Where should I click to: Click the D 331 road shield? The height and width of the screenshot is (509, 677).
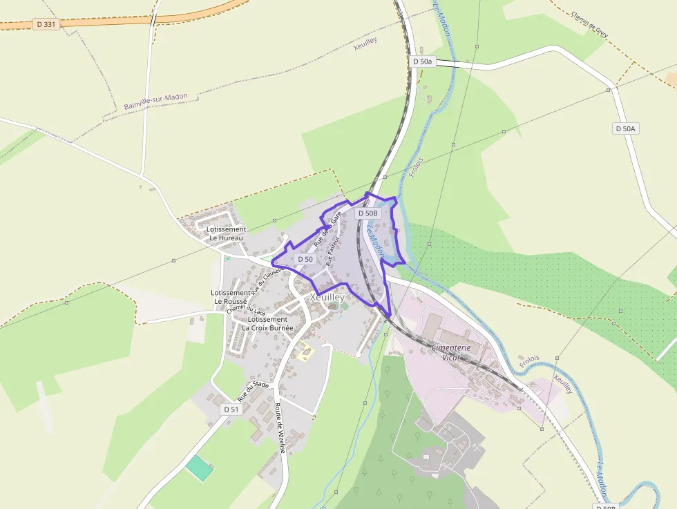[46, 24]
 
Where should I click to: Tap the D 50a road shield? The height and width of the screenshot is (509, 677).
[422, 61]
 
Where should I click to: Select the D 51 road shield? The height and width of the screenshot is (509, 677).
[231, 410]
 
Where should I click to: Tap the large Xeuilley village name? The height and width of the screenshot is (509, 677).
[327, 297]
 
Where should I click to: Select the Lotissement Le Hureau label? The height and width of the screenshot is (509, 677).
[227, 233]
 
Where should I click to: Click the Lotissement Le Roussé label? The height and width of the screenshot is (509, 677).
[231, 297]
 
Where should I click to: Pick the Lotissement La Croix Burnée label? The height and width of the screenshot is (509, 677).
[267, 324]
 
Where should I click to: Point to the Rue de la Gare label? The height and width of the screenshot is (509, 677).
[327, 229]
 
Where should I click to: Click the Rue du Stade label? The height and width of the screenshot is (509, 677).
[253, 392]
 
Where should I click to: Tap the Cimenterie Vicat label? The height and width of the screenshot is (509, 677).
[450, 352]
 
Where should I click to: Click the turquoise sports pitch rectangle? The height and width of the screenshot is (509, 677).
[199, 468]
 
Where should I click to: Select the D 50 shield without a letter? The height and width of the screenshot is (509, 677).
[305, 259]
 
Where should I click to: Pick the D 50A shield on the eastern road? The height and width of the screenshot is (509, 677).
[626, 128]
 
